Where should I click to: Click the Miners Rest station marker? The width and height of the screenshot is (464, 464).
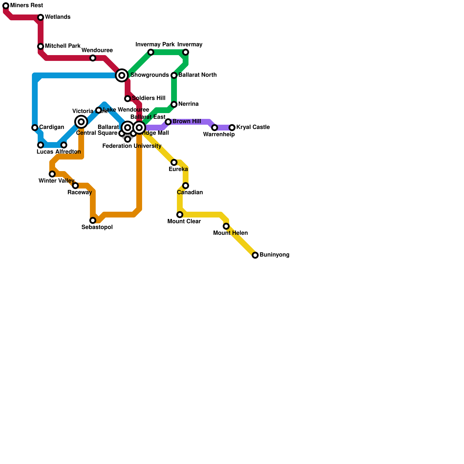tap(6, 6)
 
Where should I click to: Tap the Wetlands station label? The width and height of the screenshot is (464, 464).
tap(57, 17)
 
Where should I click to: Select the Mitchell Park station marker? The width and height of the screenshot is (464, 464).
tap(41, 46)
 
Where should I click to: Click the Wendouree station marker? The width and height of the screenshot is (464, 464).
tap(93, 58)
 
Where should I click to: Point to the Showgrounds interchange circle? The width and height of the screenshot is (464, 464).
tap(122, 75)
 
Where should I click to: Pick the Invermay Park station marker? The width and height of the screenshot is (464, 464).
tap(151, 52)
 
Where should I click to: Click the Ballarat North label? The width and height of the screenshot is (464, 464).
tap(197, 75)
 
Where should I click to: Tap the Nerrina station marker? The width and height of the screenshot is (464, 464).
tap(174, 104)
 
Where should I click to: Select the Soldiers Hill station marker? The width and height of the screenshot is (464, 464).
tap(128, 99)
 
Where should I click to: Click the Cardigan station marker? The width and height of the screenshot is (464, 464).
tap(35, 128)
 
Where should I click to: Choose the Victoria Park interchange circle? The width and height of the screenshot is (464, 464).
tap(81, 122)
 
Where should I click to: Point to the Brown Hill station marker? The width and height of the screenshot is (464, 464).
tap(168, 122)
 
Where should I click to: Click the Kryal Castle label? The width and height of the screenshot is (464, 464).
tap(253, 127)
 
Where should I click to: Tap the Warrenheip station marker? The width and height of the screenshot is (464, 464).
tap(215, 128)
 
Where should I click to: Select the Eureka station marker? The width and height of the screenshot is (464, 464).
tap(174, 162)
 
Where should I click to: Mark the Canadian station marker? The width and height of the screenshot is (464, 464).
tap(186, 186)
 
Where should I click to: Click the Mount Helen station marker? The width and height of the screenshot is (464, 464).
tap(226, 226)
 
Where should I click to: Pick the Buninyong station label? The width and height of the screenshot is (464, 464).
tap(274, 255)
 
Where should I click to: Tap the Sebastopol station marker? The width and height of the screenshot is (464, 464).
tap(93, 220)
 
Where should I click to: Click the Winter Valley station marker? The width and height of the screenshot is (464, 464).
tap(52, 174)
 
